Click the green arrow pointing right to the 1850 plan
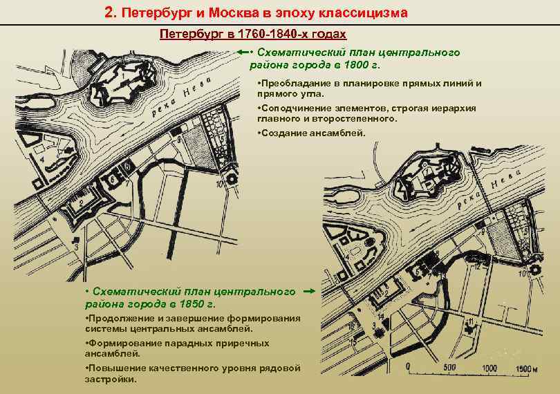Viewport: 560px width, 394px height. pos(309,292)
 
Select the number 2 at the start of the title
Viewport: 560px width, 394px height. pos(108,12)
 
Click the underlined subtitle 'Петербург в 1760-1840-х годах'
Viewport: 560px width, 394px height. pos(253,34)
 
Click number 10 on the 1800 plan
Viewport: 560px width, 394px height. pos(218,185)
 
